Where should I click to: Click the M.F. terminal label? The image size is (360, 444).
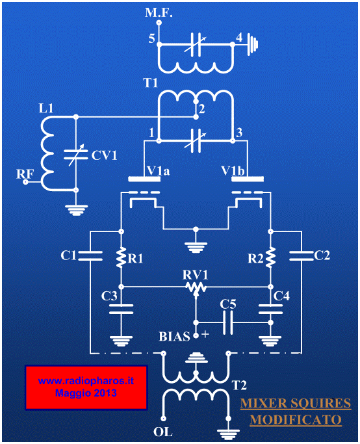159,13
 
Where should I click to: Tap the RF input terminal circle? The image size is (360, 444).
25,182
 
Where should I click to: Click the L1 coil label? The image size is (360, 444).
46,108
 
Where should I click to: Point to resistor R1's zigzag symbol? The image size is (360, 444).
121,257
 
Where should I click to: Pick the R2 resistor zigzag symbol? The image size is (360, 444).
270,257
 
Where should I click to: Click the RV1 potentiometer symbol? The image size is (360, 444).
196,288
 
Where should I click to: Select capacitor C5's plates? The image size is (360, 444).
228,322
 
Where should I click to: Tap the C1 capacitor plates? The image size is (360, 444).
90,255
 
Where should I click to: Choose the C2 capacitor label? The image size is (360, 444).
322,255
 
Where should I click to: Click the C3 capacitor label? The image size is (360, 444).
109,296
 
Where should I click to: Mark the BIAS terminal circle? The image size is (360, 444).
196,335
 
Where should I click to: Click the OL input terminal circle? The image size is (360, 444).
163,419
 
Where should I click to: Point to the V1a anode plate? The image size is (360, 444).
144,179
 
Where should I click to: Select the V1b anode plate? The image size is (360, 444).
248,179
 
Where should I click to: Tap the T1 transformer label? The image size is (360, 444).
150,83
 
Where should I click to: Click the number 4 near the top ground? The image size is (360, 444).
239,37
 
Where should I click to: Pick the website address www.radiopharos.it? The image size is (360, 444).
86,381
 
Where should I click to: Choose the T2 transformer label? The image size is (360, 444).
239,385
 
